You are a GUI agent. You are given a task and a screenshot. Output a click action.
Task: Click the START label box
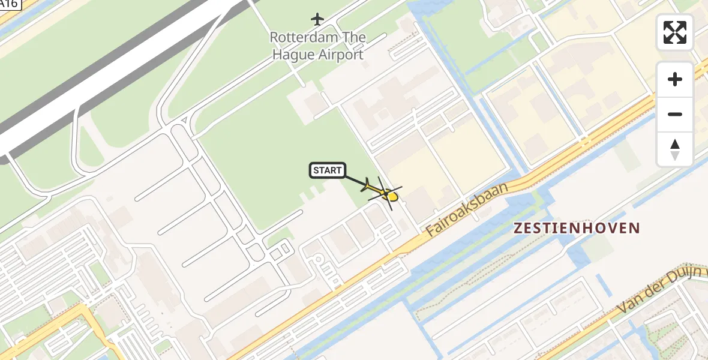(x=327, y=170)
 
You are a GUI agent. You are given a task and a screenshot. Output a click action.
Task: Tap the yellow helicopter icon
(x=383, y=193)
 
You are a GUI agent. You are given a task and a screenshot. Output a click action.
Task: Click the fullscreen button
(x=674, y=32)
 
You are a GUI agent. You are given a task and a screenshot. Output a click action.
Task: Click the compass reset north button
(x=674, y=149)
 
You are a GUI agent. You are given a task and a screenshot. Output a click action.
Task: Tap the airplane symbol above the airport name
(x=317, y=20)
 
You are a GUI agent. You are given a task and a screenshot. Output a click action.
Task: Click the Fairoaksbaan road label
(x=467, y=209)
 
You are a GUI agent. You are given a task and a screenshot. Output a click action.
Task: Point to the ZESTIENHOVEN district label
(x=577, y=228)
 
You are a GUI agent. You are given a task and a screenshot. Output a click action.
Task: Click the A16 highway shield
(x=10, y=4)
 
